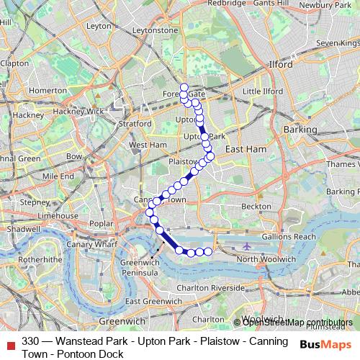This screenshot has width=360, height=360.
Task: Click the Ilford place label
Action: [281, 65]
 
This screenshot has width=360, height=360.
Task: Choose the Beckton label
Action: [257, 206]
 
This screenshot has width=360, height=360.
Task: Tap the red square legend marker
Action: [9, 341]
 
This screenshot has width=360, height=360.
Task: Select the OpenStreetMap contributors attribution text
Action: [298, 322]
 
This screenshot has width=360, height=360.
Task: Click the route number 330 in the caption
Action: [30, 341]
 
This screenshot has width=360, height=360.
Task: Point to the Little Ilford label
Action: [263, 91]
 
